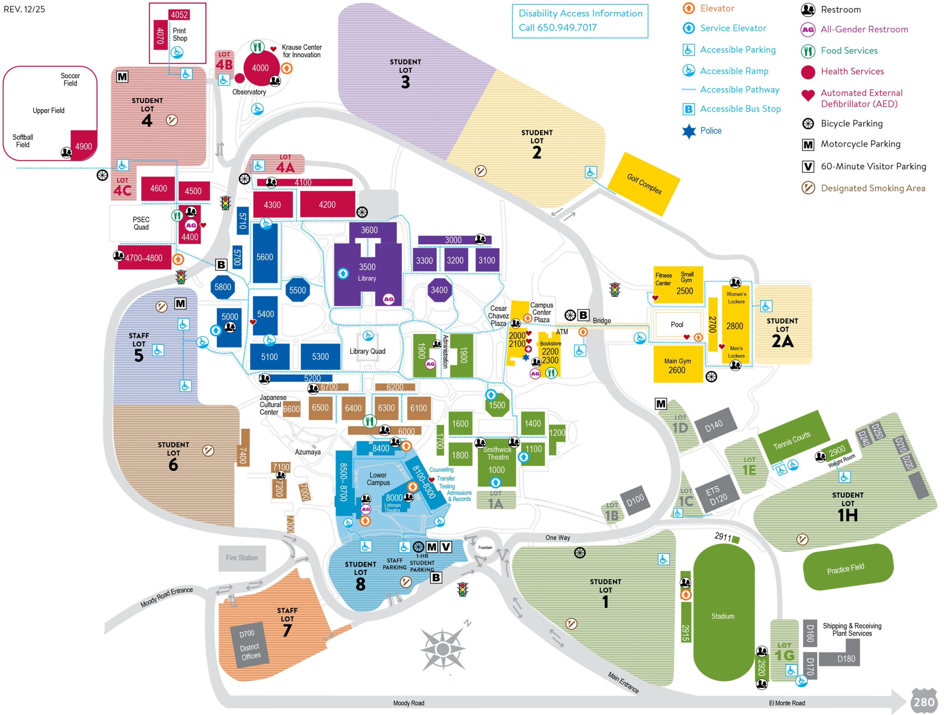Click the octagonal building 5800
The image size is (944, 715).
pos(222,287)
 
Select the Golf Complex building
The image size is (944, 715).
pos(643,184)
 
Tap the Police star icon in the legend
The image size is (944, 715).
pos(688,131)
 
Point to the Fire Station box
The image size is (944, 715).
pos(242,558)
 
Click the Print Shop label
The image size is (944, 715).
pos(180,35)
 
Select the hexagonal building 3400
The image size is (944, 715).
pos(439,290)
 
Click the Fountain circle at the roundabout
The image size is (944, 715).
pos(485,548)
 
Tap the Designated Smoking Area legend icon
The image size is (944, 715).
pos(808,188)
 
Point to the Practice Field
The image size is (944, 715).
pos(847,568)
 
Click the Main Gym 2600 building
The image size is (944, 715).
pos(678,365)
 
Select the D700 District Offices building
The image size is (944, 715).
pos(250,645)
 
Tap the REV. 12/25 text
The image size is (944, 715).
pos(24,9)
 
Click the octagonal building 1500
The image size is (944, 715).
pos(497,405)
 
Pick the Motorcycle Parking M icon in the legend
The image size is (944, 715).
pos(808,145)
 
